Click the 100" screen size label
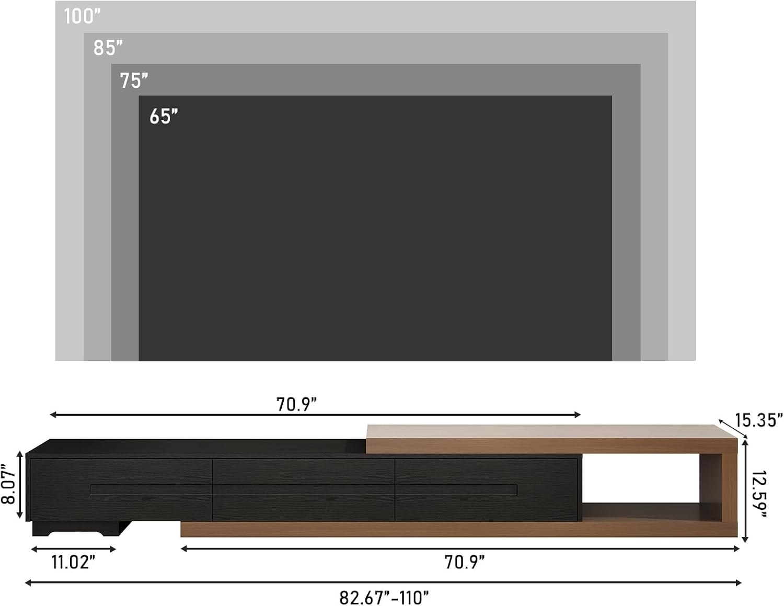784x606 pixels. [82, 17]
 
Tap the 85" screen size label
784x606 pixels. [108, 48]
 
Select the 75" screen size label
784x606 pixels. [134, 81]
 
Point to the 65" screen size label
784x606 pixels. [164, 116]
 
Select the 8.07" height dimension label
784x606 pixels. [8, 485]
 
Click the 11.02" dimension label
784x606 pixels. [73, 562]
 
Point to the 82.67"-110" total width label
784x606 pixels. [384, 598]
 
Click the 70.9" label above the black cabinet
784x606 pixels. [296, 404]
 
